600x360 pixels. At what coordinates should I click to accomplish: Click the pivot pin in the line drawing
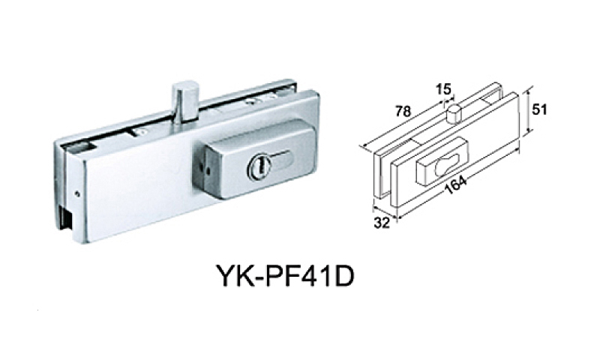[453, 113]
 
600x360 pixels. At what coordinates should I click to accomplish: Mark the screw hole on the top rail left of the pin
[141, 130]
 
